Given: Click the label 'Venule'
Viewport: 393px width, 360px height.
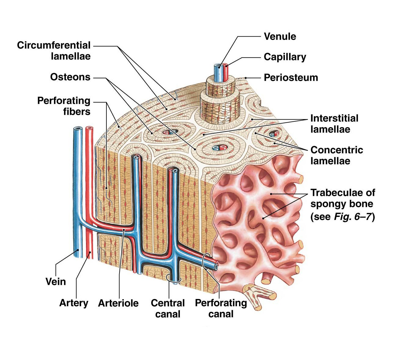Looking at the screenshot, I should point(280,37).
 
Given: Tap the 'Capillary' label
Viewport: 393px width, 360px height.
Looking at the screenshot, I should point(285,57).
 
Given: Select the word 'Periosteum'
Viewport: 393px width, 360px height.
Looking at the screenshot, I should point(291,77).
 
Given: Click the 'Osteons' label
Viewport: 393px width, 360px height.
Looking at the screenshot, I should point(70,77).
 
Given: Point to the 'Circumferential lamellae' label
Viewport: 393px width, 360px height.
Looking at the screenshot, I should point(54,51).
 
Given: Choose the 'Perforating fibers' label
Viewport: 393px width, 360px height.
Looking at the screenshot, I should point(64,106).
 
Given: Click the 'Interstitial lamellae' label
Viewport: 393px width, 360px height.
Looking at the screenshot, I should point(334,124).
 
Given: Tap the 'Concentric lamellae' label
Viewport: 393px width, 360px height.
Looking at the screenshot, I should point(337,155).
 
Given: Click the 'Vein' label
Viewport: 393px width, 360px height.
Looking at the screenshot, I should point(55,281).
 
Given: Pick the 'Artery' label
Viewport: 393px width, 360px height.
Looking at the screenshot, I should point(73,303).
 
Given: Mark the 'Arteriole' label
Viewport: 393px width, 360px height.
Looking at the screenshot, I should point(118,303).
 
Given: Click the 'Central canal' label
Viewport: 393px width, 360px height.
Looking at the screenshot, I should point(168,308).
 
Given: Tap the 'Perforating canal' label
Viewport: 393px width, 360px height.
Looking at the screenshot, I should point(221,308).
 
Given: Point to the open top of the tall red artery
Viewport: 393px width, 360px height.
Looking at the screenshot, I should point(89,128).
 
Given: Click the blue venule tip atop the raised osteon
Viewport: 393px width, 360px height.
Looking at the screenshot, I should point(218,66).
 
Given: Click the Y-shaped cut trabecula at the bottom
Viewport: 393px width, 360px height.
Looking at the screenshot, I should point(258,294).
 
